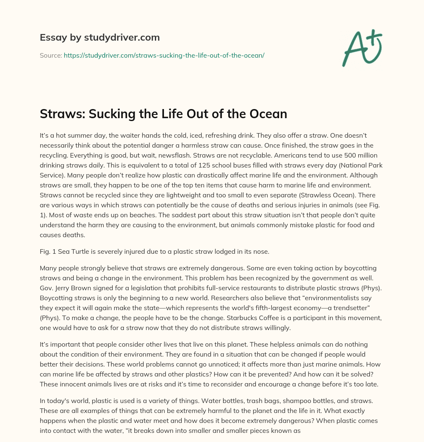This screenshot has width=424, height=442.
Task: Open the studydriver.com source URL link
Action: click(164, 55)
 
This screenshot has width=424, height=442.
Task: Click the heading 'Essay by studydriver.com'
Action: click(99, 37)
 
